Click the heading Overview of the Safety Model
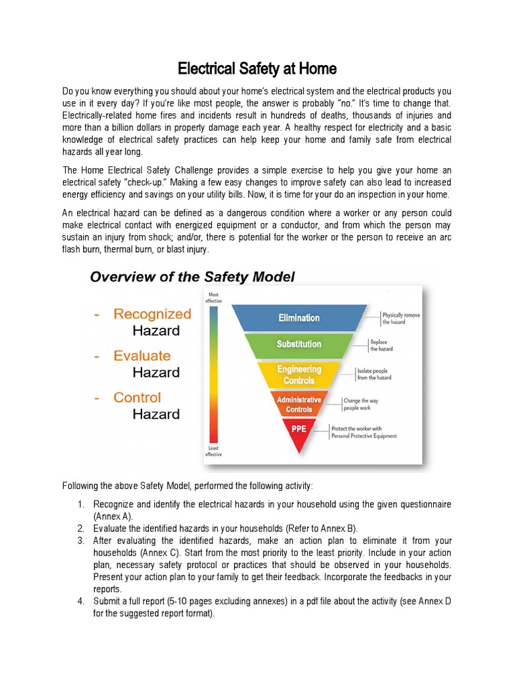coord(192,277)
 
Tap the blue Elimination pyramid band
coord(299,318)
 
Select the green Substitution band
coord(299,344)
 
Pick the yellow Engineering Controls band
coord(299,374)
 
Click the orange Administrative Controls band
coord(299,404)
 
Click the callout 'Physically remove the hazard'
coord(400,318)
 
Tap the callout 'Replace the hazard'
coord(382,345)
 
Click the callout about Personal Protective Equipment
coord(363,432)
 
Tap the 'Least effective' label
coord(213,451)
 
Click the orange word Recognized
coord(152,314)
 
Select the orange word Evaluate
coord(142,356)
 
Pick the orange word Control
coord(137,397)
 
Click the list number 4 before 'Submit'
coord(80,601)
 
